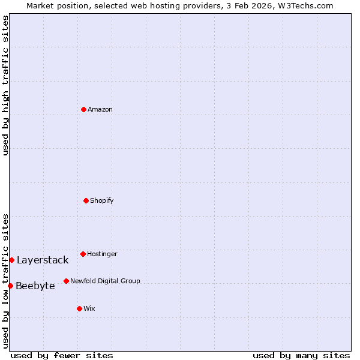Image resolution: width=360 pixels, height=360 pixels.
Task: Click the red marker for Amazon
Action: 83,109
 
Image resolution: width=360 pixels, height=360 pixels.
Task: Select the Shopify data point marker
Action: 86,200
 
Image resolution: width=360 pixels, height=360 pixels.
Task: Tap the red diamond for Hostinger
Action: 83,254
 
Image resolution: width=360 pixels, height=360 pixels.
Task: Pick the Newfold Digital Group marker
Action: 66,281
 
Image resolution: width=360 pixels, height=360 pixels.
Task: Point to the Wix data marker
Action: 79,308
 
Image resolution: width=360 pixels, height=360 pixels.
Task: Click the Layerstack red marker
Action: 11,260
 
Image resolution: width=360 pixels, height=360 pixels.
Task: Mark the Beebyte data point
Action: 10,286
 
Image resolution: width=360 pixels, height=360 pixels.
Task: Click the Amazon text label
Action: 100,109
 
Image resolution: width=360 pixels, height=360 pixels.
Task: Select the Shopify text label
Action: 102,200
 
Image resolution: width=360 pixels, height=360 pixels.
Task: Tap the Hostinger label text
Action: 103,254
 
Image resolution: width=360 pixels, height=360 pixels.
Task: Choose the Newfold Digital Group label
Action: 105,281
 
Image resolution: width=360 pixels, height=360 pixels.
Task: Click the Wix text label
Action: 89,308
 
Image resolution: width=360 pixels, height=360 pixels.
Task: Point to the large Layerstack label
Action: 43,260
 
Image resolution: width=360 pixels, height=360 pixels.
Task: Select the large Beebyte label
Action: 35,286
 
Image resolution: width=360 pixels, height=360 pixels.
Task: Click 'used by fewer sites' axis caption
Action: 62,355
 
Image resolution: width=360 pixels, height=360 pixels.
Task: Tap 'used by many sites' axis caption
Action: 301,355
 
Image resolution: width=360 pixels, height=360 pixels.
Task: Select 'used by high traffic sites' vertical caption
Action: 5,85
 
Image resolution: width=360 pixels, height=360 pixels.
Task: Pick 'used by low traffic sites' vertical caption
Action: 5,281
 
